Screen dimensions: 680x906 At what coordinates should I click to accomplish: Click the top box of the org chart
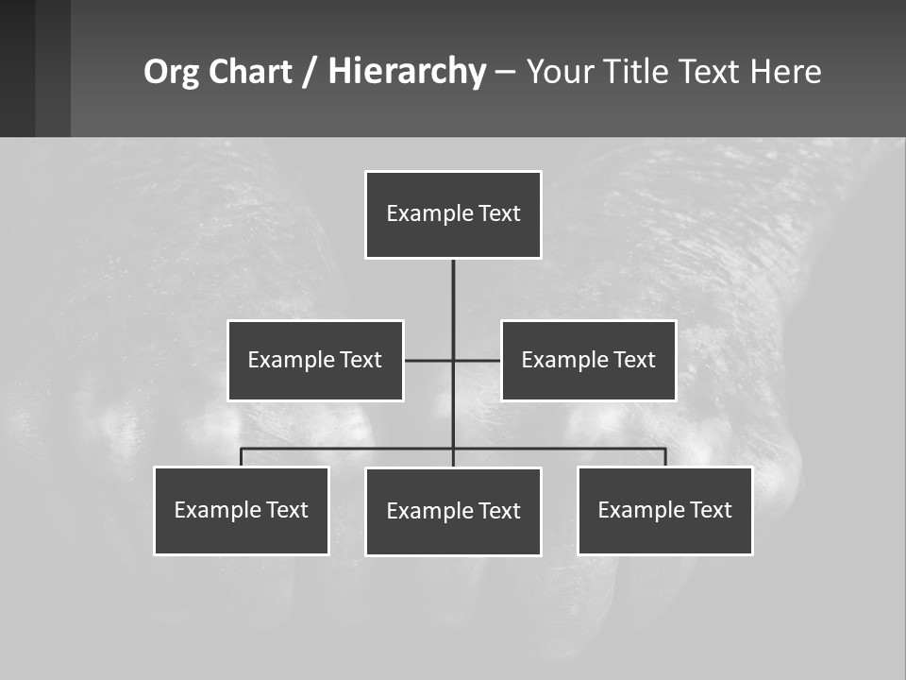coord(453,214)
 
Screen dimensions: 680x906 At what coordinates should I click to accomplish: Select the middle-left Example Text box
coord(315,360)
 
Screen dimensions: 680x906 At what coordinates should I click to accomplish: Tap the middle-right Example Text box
coord(588,360)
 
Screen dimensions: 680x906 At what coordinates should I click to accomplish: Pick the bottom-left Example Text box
coord(242,510)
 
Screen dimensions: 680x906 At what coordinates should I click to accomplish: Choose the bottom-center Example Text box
coord(453,511)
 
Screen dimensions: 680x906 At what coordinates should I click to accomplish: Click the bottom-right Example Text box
coord(664,510)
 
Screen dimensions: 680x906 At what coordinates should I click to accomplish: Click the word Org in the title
coord(170,72)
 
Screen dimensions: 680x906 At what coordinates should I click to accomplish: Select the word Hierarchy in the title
coord(407,72)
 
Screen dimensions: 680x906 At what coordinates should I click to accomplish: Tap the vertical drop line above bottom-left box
coord(242,457)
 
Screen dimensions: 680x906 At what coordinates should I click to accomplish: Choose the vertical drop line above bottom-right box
coord(665,457)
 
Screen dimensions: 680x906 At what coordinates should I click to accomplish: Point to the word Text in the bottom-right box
coord(711,510)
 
